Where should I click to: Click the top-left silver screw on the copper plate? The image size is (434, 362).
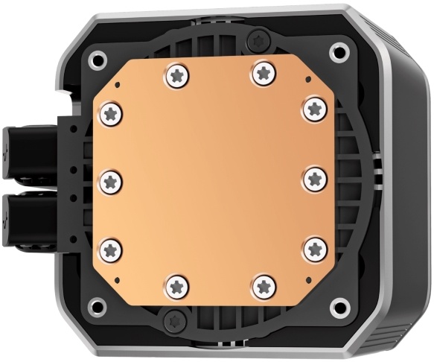177,73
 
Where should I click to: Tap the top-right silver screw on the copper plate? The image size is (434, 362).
262,72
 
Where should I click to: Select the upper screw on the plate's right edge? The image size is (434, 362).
314,109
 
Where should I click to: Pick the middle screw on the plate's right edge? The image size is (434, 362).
314,178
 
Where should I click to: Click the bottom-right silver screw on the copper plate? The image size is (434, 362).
263,284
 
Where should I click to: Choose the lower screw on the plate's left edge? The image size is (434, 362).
111,248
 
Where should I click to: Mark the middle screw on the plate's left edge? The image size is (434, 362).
110,179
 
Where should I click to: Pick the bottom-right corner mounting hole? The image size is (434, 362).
339,305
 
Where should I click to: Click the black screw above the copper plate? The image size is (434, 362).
257,36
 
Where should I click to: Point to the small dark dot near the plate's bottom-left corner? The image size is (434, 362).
117,280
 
